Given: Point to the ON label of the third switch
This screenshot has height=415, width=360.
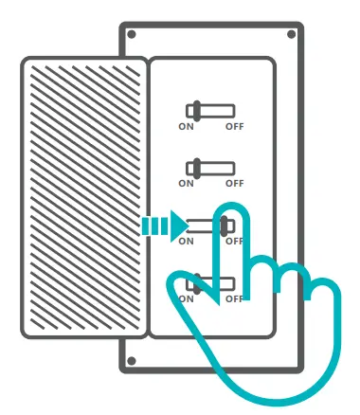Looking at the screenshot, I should (187, 241).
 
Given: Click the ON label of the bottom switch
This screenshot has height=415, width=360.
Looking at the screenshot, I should (187, 298).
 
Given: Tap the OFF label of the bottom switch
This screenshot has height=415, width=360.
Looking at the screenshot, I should (234, 298).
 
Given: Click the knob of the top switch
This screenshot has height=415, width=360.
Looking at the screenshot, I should (196, 110).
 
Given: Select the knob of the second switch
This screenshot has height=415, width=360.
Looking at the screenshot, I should (196, 168).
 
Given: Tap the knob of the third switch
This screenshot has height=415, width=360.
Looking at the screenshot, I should (226, 226).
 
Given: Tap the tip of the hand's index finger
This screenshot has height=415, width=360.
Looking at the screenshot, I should (230, 212).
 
